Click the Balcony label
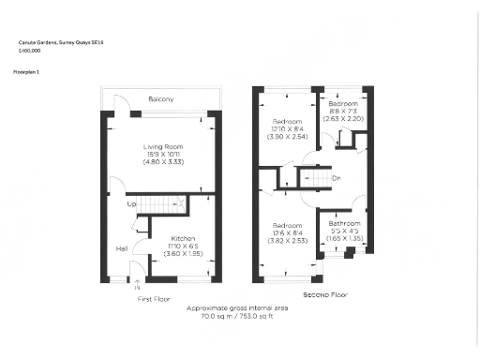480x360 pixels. click(161, 99)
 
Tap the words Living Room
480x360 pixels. click(162, 147)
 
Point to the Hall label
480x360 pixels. click(122, 248)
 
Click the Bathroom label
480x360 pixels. click(344, 223)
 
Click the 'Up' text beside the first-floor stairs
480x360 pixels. click(131, 203)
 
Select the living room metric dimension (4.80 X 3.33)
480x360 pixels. click(162, 163)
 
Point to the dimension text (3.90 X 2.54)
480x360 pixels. click(287, 138)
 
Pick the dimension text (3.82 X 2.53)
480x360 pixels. click(287, 241)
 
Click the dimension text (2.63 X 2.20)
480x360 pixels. click(343, 119)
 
